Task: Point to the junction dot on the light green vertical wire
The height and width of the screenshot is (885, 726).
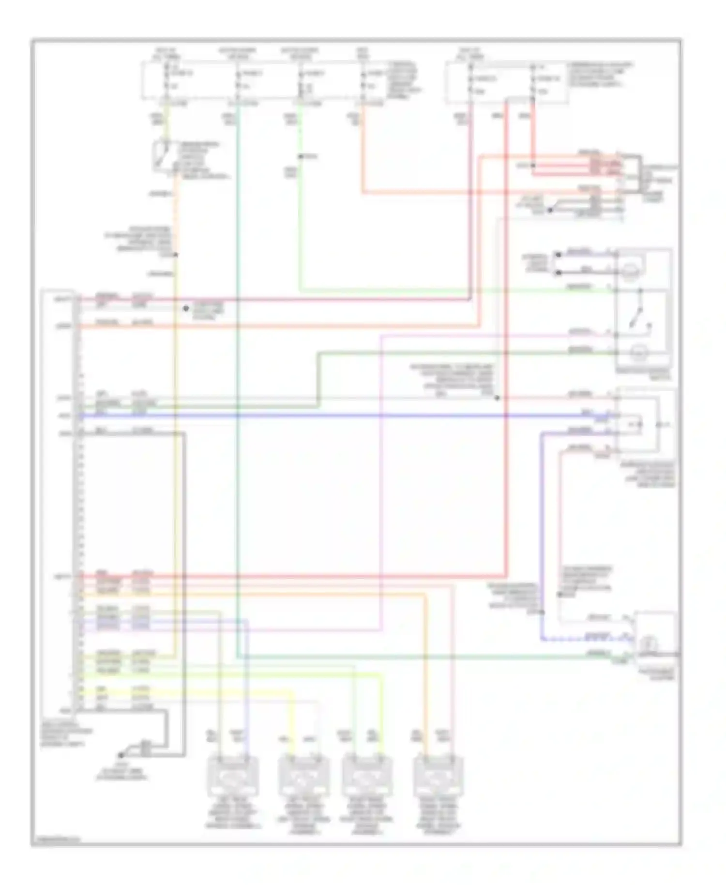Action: tap(300, 156)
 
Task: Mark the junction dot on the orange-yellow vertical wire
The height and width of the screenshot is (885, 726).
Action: tap(176, 255)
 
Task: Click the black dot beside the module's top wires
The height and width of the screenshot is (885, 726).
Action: tap(185, 308)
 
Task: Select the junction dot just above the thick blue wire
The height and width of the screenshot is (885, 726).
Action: tap(497, 398)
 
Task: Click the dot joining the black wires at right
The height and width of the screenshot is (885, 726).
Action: tap(550, 210)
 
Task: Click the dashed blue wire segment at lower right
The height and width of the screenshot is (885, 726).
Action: tap(581, 640)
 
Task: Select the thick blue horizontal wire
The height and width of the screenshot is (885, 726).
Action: tap(339, 415)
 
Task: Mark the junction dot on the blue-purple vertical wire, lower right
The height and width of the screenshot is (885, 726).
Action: tap(542, 612)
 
